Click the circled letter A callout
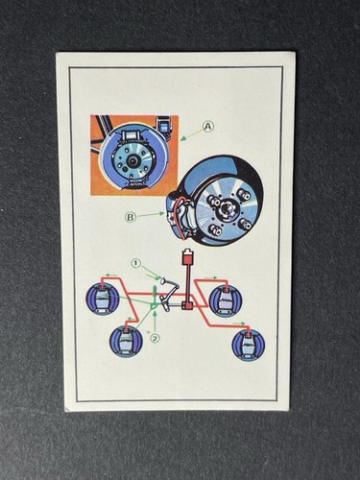pyautogui.click(x=207, y=127)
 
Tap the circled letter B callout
pyautogui.click(x=131, y=217)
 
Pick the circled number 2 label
pyautogui.click(x=155, y=338)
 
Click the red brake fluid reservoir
pyautogui.click(x=186, y=258)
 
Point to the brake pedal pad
pyautogui.click(x=162, y=281)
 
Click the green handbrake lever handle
pyautogui.click(x=154, y=293)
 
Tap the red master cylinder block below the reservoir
pyautogui.click(x=186, y=306)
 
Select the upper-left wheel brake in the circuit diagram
pyautogui.click(x=102, y=300)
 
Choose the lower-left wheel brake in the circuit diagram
pyautogui.click(x=126, y=342)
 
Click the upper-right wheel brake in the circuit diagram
pyautogui.click(x=226, y=300)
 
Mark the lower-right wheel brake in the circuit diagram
pyautogui.click(x=249, y=345)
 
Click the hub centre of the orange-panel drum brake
pyautogui.click(x=132, y=161)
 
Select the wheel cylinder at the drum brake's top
pyautogui.click(x=133, y=134)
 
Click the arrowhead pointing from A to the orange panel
pyautogui.click(x=182, y=138)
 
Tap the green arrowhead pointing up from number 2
pyautogui.click(x=155, y=313)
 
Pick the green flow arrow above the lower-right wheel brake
pyautogui.click(x=238, y=324)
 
